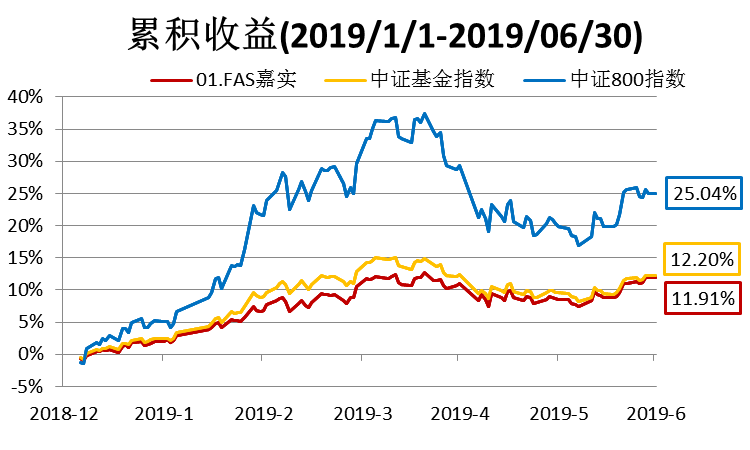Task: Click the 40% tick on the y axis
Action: click(x=25, y=97)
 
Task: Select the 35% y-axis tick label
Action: click(x=25, y=129)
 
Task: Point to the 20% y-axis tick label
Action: click(x=25, y=225)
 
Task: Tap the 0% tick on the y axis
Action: click(x=29, y=354)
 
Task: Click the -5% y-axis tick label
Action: click(x=27, y=386)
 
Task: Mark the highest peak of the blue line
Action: click(x=424, y=113)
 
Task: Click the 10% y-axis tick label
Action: click(x=25, y=290)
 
